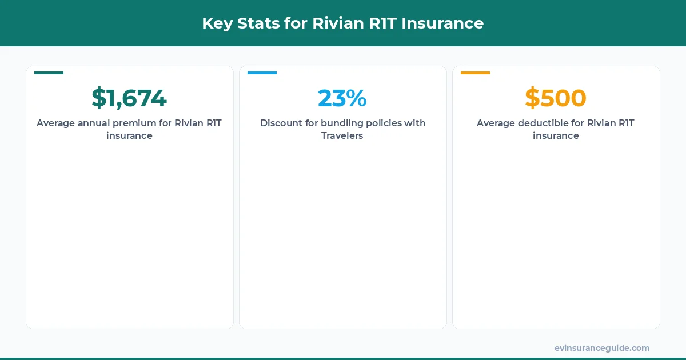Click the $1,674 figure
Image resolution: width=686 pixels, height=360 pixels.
pyautogui.click(x=129, y=98)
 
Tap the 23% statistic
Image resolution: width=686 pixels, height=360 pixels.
pyautogui.click(x=342, y=98)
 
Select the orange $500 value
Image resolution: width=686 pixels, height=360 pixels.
pyautogui.click(x=556, y=98)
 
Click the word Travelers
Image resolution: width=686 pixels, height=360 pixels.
pyautogui.click(x=342, y=136)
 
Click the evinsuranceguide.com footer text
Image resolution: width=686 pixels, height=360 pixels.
pyautogui.click(x=601, y=348)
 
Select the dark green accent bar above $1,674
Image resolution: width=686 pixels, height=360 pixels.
pyautogui.click(x=49, y=73)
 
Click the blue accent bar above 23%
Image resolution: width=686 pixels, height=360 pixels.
pyautogui.click(x=262, y=73)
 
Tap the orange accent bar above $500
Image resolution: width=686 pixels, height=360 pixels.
pyautogui.click(x=475, y=73)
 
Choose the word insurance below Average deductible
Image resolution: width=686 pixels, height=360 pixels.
pyautogui.click(x=556, y=136)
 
